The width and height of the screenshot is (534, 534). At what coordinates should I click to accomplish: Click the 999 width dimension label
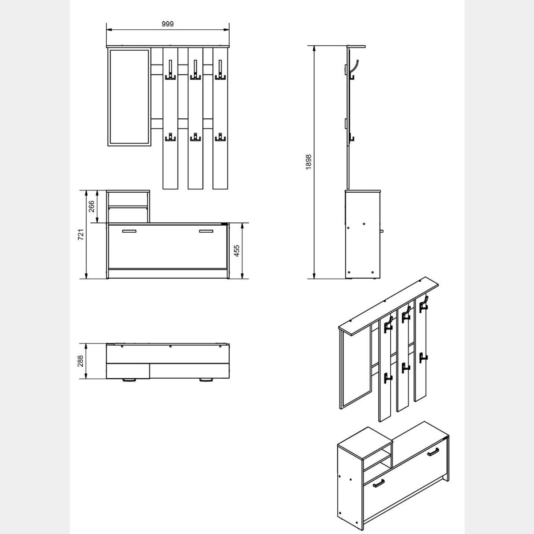click(168, 24)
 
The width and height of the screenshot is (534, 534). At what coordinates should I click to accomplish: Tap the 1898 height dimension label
click(308, 162)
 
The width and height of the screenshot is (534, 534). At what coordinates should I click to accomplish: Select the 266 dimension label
click(91, 206)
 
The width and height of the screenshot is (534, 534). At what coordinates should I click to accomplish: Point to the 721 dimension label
click(81, 235)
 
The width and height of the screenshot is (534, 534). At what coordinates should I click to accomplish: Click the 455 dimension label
click(236, 251)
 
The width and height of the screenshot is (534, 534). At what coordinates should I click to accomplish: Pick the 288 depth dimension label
click(81, 361)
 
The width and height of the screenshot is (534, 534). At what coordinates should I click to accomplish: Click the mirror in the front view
click(129, 97)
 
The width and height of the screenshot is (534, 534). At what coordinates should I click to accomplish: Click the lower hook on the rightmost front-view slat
click(220, 137)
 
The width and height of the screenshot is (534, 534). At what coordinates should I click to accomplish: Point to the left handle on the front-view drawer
click(129, 231)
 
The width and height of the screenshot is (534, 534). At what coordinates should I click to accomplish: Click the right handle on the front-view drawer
click(206, 231)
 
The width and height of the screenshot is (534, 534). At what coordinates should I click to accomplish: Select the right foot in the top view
click(206, 380)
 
